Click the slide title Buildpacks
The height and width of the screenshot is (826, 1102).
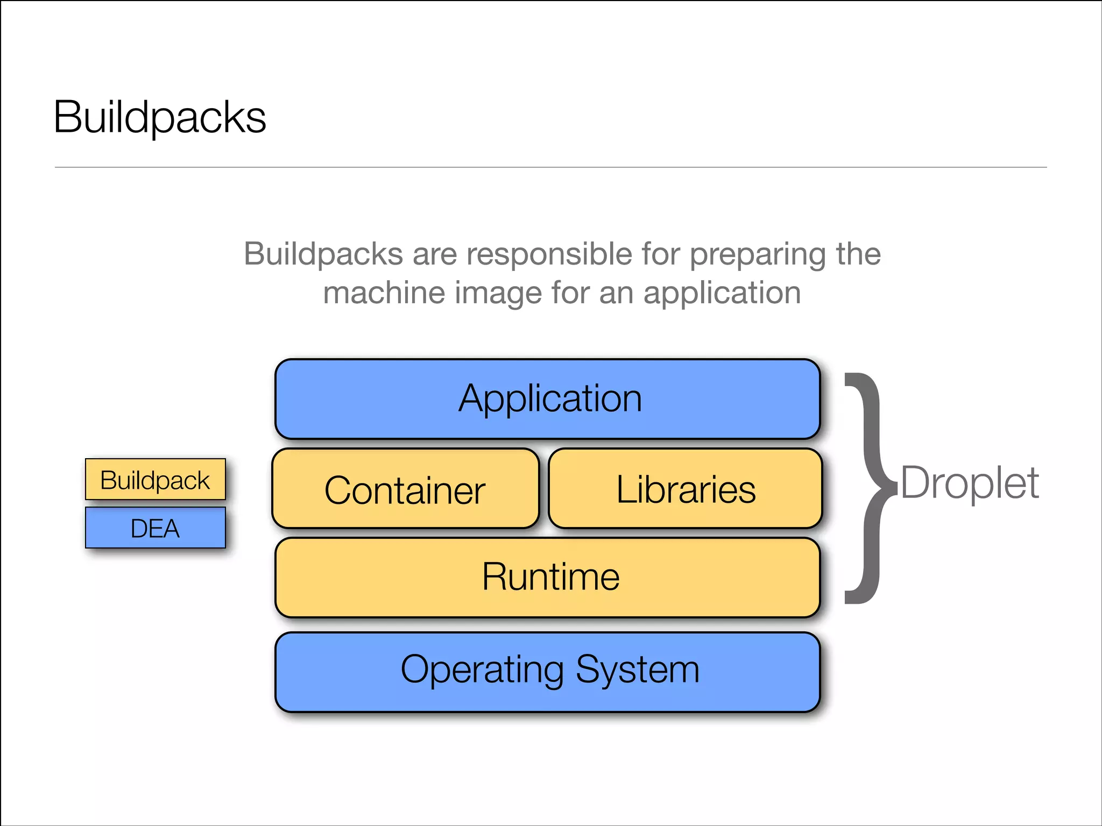click(x=160, y=117)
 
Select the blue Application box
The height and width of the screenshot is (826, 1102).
click(x=548, y=399)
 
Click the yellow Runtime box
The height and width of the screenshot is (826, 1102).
click(x=548, y=577)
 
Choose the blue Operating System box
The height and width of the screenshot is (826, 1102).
click(x=548, y=672)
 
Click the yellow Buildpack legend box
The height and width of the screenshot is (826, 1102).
click(x=155, y=480)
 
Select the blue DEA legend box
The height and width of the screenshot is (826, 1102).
click(x=155, y=528)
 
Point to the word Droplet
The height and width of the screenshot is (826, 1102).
click(x=970, y=483)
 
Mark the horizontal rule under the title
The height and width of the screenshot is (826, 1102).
click(x=550, y=167)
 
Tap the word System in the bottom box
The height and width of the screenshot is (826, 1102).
click(x=638, y=670)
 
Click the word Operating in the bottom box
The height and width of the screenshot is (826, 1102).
click(x=482, y=670)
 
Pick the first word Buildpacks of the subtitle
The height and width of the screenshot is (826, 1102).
click(x=323, y=254)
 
